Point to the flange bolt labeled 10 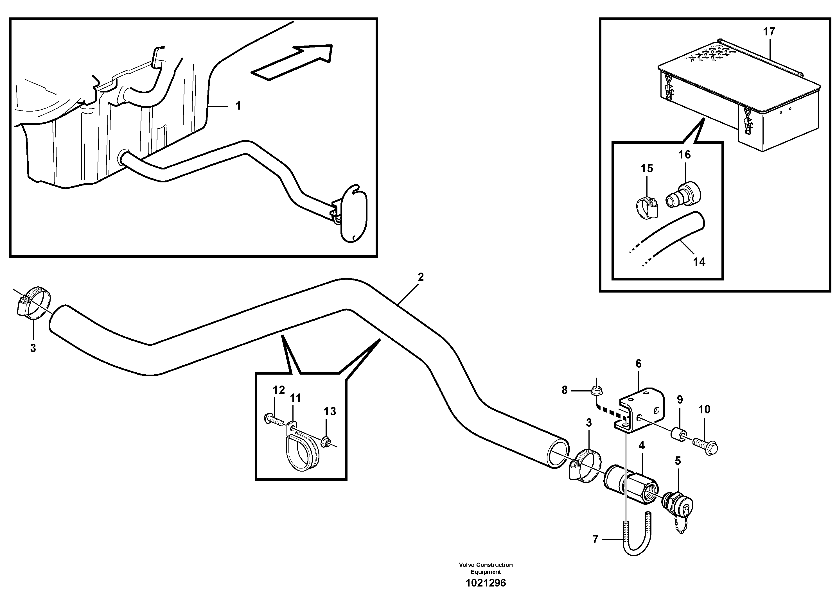[x=706, y=446]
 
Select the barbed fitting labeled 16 [x=681, y=196]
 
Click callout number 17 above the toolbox [x=769, y=32]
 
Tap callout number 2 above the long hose [x=421, y=277]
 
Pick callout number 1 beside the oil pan [x=238, y=106]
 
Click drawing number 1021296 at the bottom [x=486, y=583]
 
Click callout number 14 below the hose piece [x=699, y=262]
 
